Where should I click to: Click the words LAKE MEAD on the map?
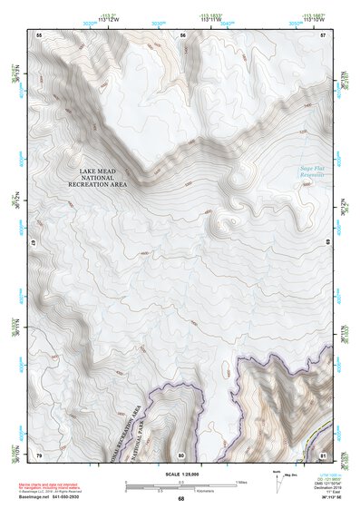[98, 171]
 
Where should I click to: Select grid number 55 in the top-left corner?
[39, 34]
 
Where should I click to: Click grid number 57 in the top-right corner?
[323, 34]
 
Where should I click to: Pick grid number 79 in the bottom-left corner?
[39, 454]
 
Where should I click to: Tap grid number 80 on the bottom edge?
[181, 454]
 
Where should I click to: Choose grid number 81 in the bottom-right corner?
[323, 454]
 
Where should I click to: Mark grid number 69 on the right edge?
[328, 244]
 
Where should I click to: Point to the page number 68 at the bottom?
[180, 499]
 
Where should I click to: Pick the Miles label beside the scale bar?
[240, 482]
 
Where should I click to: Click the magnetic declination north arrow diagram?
[277, 481]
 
